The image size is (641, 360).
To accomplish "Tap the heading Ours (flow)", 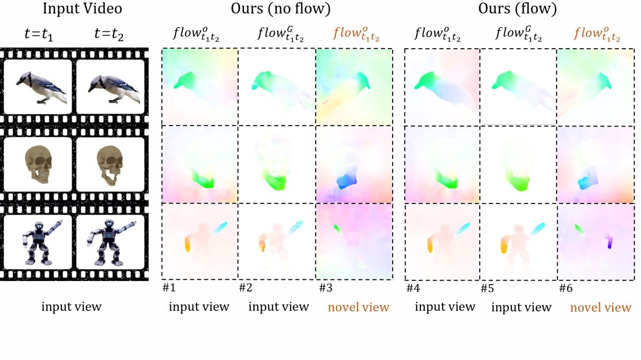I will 519,9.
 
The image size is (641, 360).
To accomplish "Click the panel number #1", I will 169,288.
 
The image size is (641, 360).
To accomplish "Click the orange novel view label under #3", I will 358,307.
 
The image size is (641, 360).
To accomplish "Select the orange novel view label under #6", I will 601,308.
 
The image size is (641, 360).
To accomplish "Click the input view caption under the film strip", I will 72,307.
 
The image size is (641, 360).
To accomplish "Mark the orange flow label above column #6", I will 597,34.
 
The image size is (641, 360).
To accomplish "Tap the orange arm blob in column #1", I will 187,245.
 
